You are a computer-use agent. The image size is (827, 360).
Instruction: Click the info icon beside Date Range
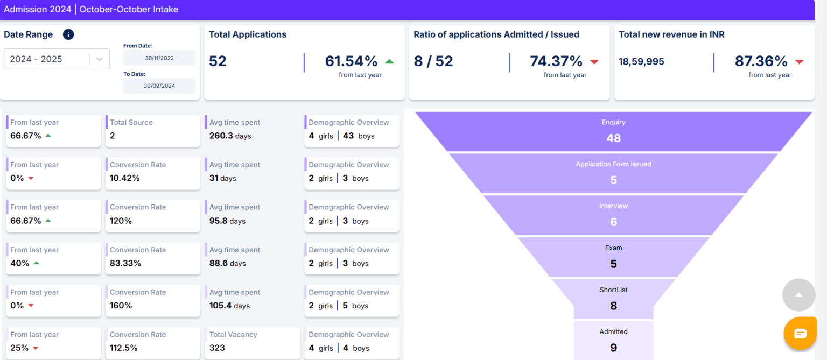pyautogui.click(x=68, y=34)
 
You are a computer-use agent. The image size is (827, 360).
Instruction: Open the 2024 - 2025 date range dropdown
pyautogui.click(x=57, y=59)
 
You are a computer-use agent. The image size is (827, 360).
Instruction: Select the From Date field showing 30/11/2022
pyautogui.click(x=159, y=58)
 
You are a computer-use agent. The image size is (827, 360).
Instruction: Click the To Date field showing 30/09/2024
pyautogui.click(x=159, y=86)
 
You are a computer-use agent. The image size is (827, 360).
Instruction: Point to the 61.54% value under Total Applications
pyautogui.click(x=351, y=61)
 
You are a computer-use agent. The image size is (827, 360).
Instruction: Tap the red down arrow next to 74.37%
pyautogui.click(x=594, y=62)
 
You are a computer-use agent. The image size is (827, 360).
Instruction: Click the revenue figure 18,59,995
pyautogui.click(x=641, y=62)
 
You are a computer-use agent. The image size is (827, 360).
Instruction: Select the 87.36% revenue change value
pyautogui.click(x=761, y=61)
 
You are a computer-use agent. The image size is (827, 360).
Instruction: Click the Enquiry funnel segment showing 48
pyautogui.click(x=613, y=132)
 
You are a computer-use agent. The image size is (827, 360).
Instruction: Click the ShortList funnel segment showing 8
pyautogui.click(x=613, y=299)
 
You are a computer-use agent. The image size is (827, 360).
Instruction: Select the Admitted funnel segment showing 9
pyautogui.click(x=613, y=341)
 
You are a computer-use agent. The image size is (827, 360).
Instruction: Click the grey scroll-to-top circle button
pyautogui.click(x=799, y=295)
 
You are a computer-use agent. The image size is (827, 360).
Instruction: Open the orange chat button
pyautogui.click(x=800, y=334)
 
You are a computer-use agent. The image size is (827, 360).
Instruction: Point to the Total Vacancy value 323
pyautogui.click(x=217, y=348)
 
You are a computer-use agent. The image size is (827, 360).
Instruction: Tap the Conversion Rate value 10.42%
pyautogui.click(x=124, y=178)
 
